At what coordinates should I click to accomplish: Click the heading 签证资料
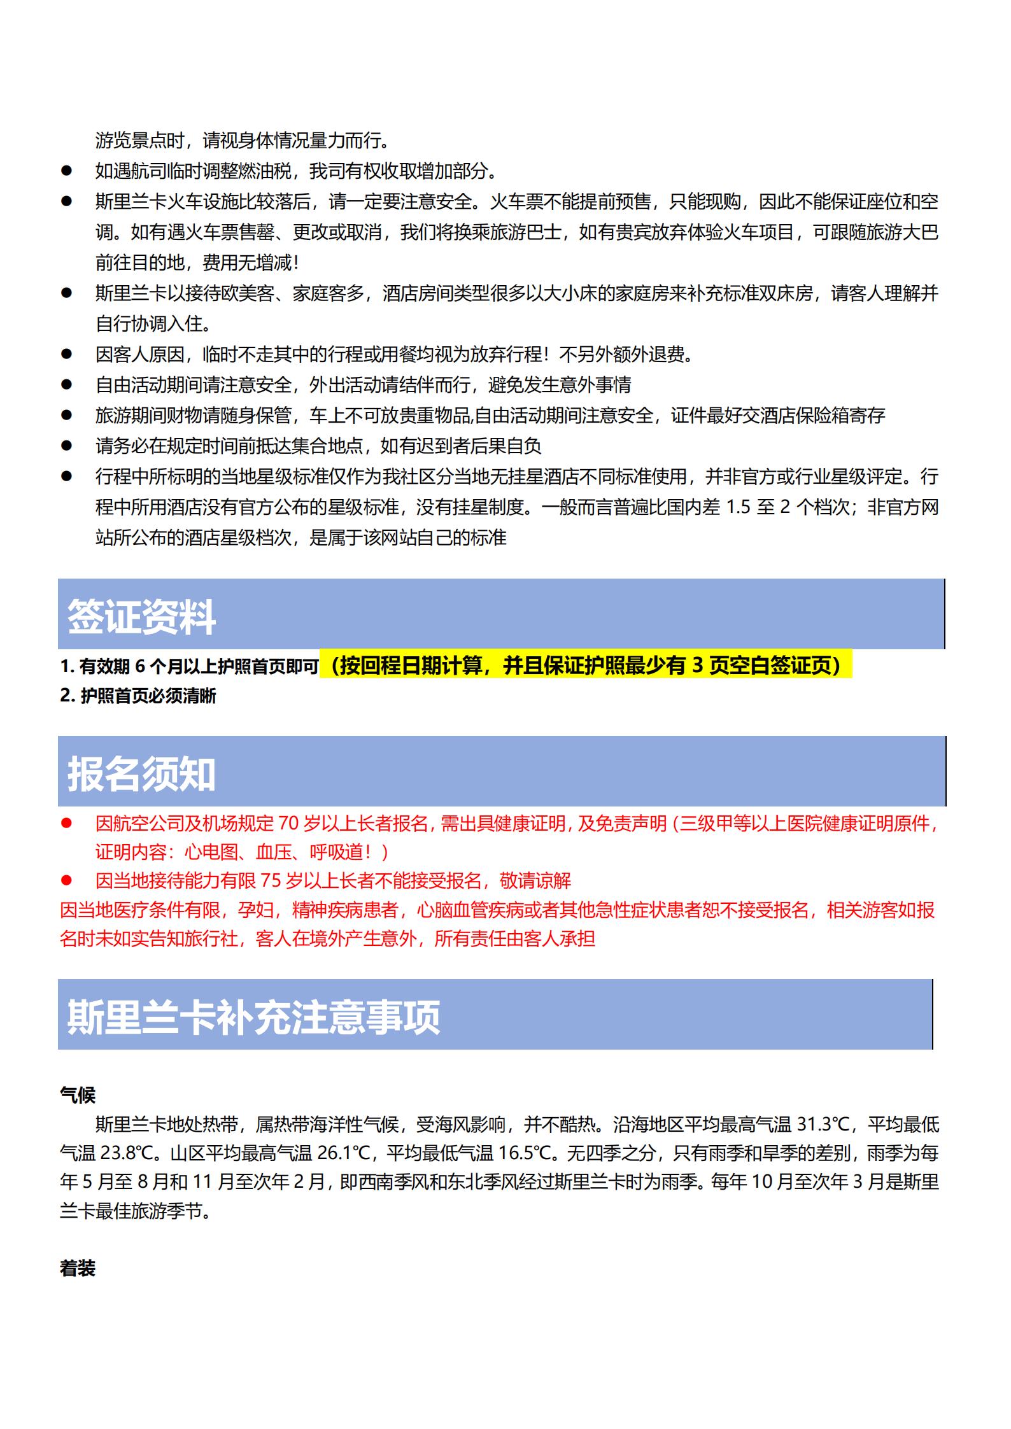[141, 616]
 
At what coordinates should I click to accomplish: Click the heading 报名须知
[141, 773]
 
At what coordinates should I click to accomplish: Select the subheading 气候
[77, 1095]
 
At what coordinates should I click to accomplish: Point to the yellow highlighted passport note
[586, 666]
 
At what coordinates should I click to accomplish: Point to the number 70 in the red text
[288, 824]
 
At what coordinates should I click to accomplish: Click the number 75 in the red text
[271, 881]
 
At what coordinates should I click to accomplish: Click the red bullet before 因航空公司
[66, 824]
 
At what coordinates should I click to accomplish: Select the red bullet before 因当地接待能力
[66, 881]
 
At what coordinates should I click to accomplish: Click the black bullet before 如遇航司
[66, 171]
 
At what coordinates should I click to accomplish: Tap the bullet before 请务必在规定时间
[66, 446]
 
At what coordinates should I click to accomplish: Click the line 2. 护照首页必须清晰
[138, 696]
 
